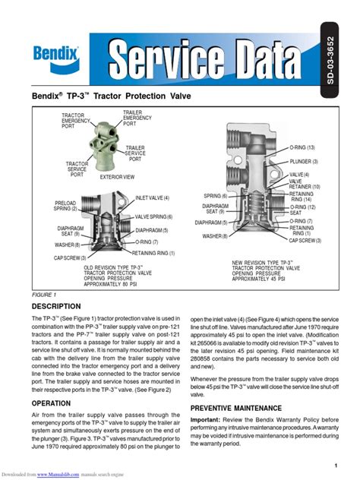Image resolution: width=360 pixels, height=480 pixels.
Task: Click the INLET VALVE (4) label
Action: pos(152,197)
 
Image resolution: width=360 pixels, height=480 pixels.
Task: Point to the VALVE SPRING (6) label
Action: pos(154,216)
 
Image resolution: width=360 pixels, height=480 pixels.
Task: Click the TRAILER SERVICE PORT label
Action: pos(135,153)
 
